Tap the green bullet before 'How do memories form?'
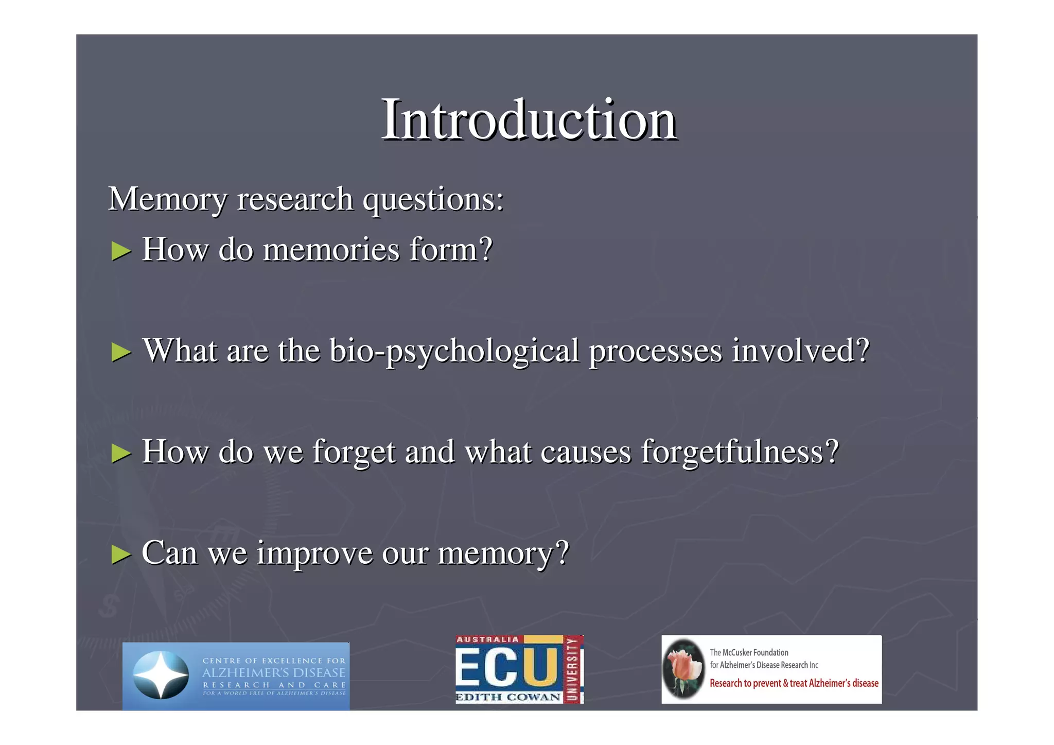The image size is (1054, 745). click(x=121, y=251)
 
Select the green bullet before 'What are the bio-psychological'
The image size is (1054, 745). click(x=121, y=352)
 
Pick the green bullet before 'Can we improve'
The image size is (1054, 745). click(x=121, y=555)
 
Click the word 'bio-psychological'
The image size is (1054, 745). click(x=454, y=351)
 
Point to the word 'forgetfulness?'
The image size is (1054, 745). click(x=740, y=452)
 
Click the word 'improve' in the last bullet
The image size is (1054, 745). click(x=314, y=553)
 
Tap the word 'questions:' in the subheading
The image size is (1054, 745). click(x=433, y=199)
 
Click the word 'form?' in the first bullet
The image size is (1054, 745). click(x=451, y=250)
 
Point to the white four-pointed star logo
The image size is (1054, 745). click(x=161, y=674)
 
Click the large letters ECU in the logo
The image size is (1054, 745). click(x=507, y=668)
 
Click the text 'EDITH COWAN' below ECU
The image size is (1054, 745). click(x=508, y=698)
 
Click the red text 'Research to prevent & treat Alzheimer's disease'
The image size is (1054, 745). click(x=794, y=684)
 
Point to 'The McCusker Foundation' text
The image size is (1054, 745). click(x=749, y=653)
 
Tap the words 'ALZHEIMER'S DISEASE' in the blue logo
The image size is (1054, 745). click(x=273, y=673)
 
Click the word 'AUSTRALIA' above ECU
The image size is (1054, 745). click(x=487, y=639)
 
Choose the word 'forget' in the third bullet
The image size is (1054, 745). click(x=354, y=452)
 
